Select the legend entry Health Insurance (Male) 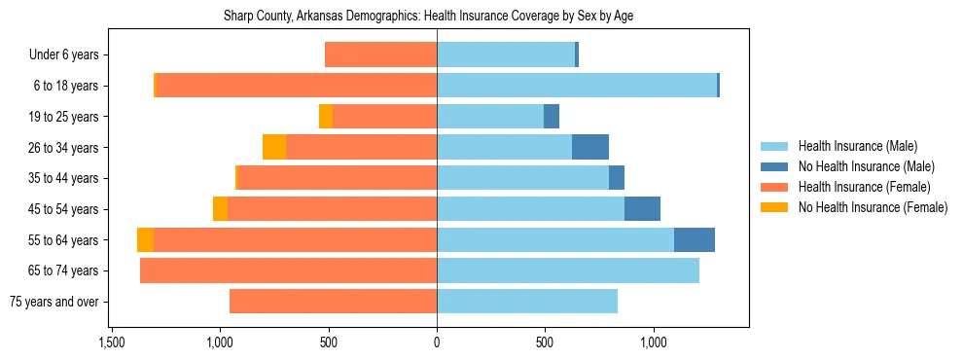[857, 146]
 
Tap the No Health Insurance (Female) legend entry [872, 207]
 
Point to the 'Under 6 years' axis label [63, 55]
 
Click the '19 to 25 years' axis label [63, 117]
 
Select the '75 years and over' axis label [53, 302]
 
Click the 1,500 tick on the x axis [111, 342]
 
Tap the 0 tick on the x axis [437, 342]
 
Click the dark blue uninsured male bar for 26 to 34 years [590, 147]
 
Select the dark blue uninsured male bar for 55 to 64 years [695, 239]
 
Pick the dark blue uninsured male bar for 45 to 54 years [642, 208]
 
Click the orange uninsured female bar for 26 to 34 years [274, 147]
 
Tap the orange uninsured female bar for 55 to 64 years [145, 239]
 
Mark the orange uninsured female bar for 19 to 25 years [326, 117]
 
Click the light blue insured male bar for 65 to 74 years [568, 270]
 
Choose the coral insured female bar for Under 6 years [380, 55]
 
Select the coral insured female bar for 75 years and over [333, 302]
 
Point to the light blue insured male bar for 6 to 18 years [577, 86]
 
